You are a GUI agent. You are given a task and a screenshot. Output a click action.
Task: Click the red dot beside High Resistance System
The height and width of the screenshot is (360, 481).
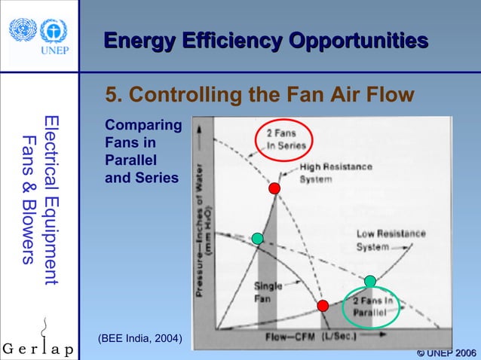(274, 188)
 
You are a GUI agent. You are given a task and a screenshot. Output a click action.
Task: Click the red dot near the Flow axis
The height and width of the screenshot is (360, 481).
(323, 305)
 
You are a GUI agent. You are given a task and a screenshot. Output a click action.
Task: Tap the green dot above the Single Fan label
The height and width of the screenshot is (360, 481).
(258, 238)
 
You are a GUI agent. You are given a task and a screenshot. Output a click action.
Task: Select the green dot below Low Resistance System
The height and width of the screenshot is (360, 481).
(369, 281)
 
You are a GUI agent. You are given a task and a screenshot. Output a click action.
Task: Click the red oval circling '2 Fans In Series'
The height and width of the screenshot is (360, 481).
(284, 139)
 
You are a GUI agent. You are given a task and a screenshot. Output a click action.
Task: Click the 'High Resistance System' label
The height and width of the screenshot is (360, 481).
(335, 173)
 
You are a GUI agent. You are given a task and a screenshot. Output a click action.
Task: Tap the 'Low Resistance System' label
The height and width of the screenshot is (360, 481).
(390, 239)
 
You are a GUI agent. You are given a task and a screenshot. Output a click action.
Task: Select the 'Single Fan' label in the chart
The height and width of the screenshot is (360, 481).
(268, 291)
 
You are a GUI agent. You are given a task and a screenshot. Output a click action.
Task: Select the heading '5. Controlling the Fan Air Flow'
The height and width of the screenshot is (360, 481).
(259, 96)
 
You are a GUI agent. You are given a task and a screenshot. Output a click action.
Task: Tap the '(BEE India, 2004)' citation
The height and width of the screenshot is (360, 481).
(139, 337)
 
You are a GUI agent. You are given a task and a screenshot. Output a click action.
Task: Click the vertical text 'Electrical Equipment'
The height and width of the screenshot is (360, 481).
(51, 200)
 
